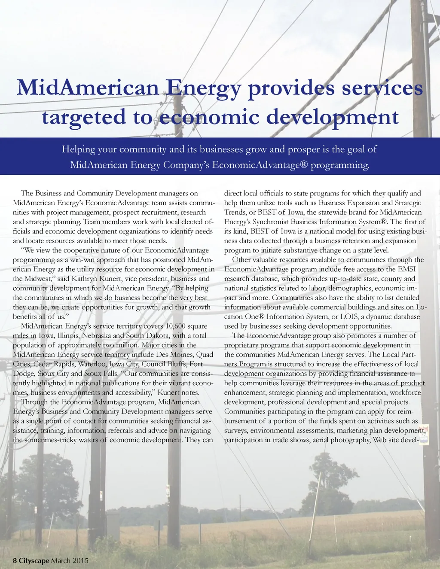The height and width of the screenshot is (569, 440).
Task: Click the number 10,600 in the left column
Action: pyautogui.click(x=175, y=326)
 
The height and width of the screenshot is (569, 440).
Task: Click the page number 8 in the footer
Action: pyautogui.click(x=15, y=560)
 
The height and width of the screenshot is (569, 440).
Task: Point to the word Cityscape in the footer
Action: pyautogui.click(x=34, y=560)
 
